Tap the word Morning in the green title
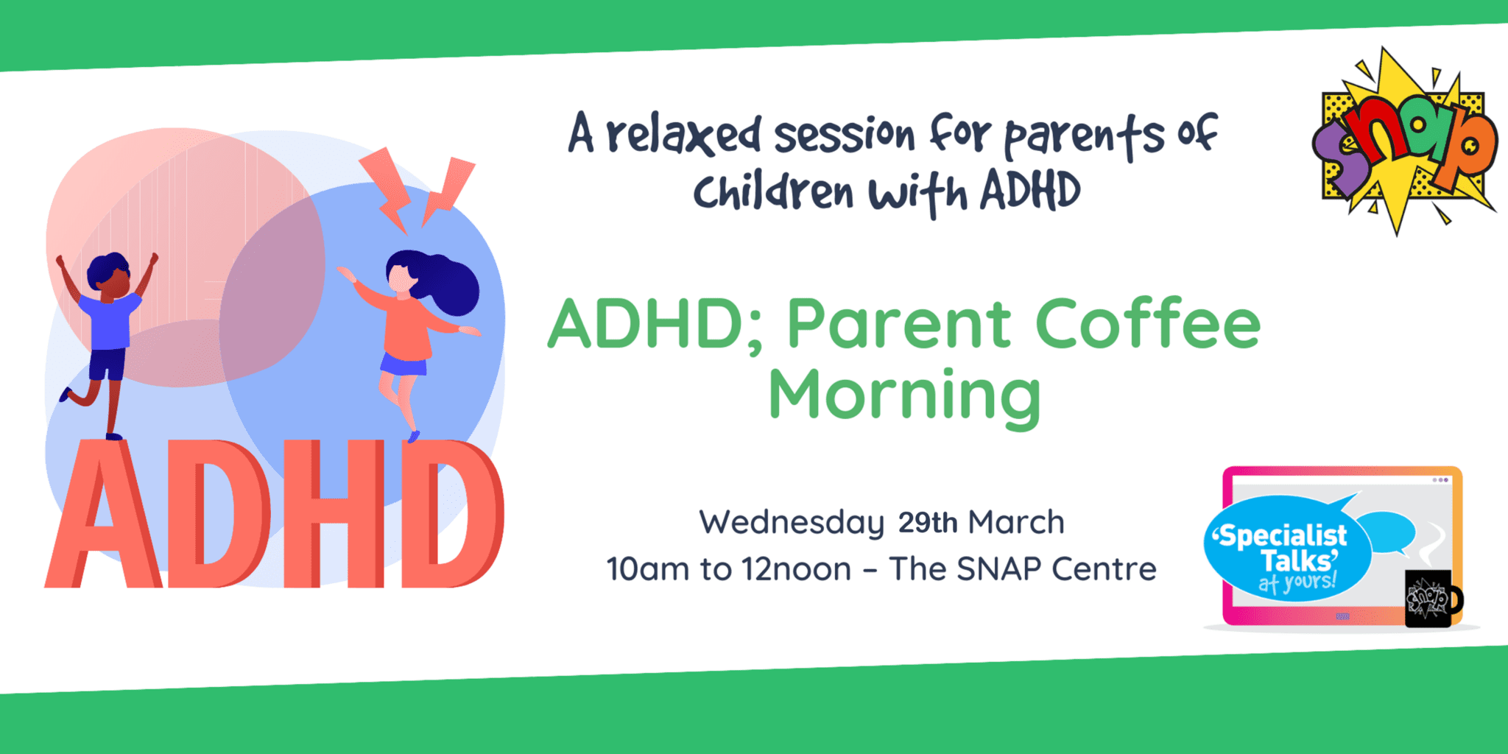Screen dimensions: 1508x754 (x=904, y=398)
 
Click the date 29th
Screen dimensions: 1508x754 (x=928, y=523)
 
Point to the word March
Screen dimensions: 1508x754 (x=1016, y=523)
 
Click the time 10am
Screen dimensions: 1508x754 (x=648, y=569)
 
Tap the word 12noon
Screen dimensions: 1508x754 (x=796, y=569)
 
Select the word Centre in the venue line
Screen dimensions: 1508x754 (x=1104, y=569)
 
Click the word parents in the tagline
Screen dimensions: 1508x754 (x=1085, y=136)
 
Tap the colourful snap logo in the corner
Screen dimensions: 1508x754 (x=1405, y=141)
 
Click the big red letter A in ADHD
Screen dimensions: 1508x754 (x=104, y=514)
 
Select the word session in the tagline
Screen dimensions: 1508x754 (x=844, y=135)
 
